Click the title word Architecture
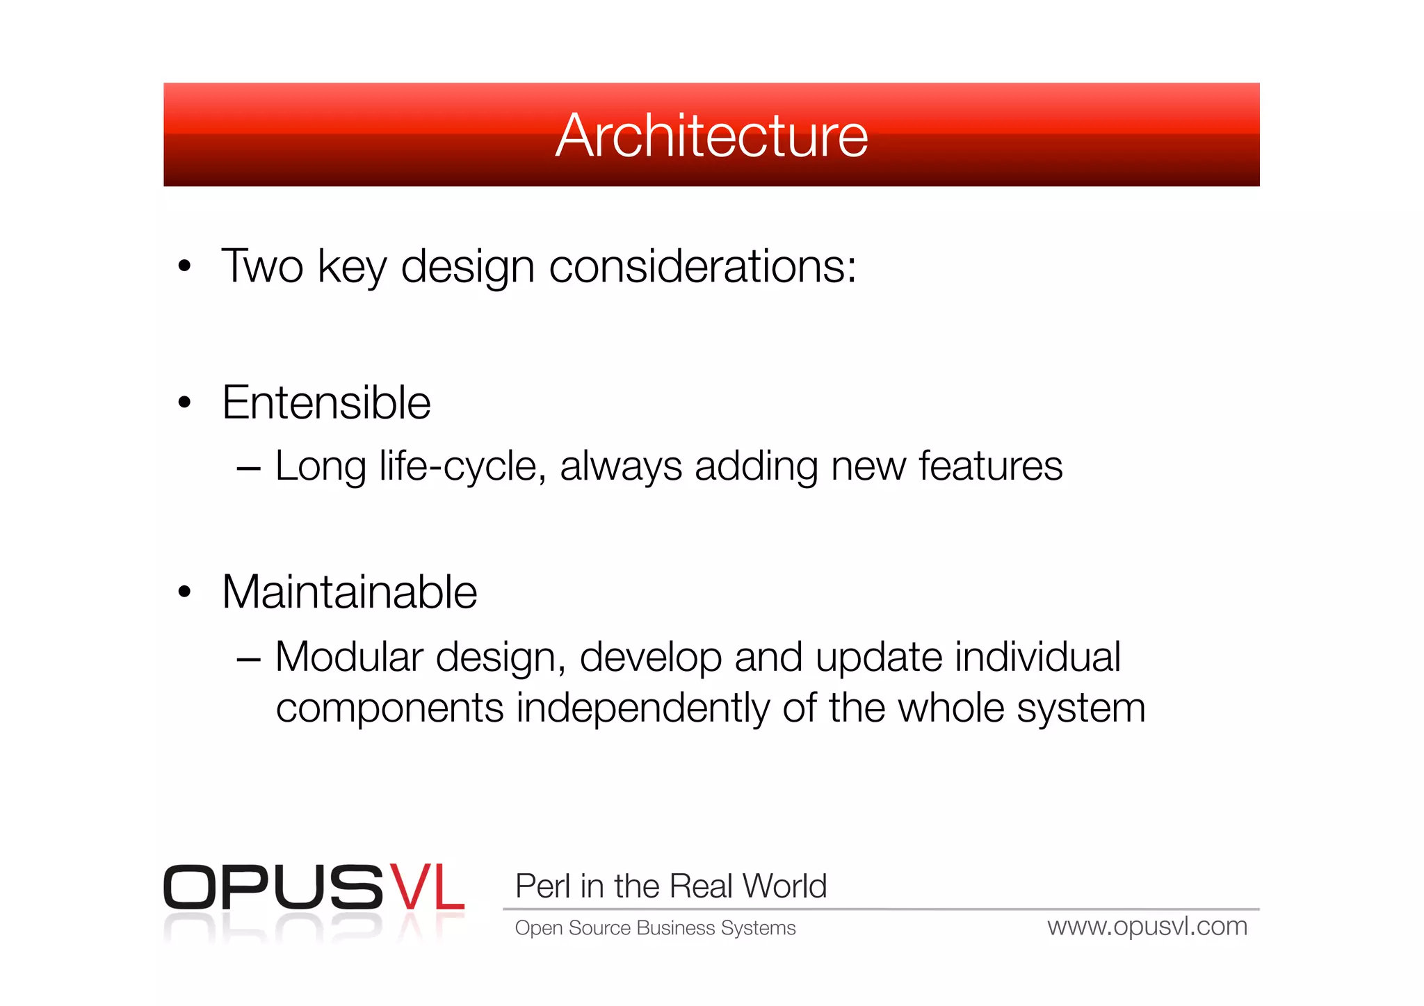[x=711, y=136]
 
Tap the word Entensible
[x=326, y=403]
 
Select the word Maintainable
[x=349, y=592]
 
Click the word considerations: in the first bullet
[x=702, y=266]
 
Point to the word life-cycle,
[x=462, y=467]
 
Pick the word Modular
[x=349, y=657]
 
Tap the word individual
[x=1037, y=657]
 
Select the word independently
[x=642, y=708]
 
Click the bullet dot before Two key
[x=184, y=266]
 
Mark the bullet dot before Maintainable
[x=184, y=592]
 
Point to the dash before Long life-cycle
[x=248, y=469]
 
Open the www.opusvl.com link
[x=1147, y=927]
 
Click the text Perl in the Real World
[x=670, y=886]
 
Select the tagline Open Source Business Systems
[x=654, y=928]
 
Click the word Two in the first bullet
[x=262, y=266]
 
